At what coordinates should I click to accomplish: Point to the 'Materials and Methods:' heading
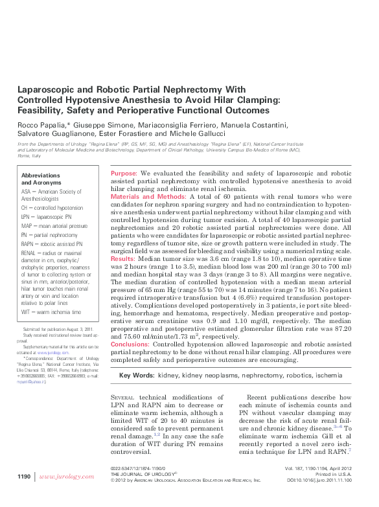[149, 196]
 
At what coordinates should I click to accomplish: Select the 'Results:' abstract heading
[123, 258]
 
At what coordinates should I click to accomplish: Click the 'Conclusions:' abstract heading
[130, 344]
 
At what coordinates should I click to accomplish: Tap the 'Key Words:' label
[137, 375]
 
